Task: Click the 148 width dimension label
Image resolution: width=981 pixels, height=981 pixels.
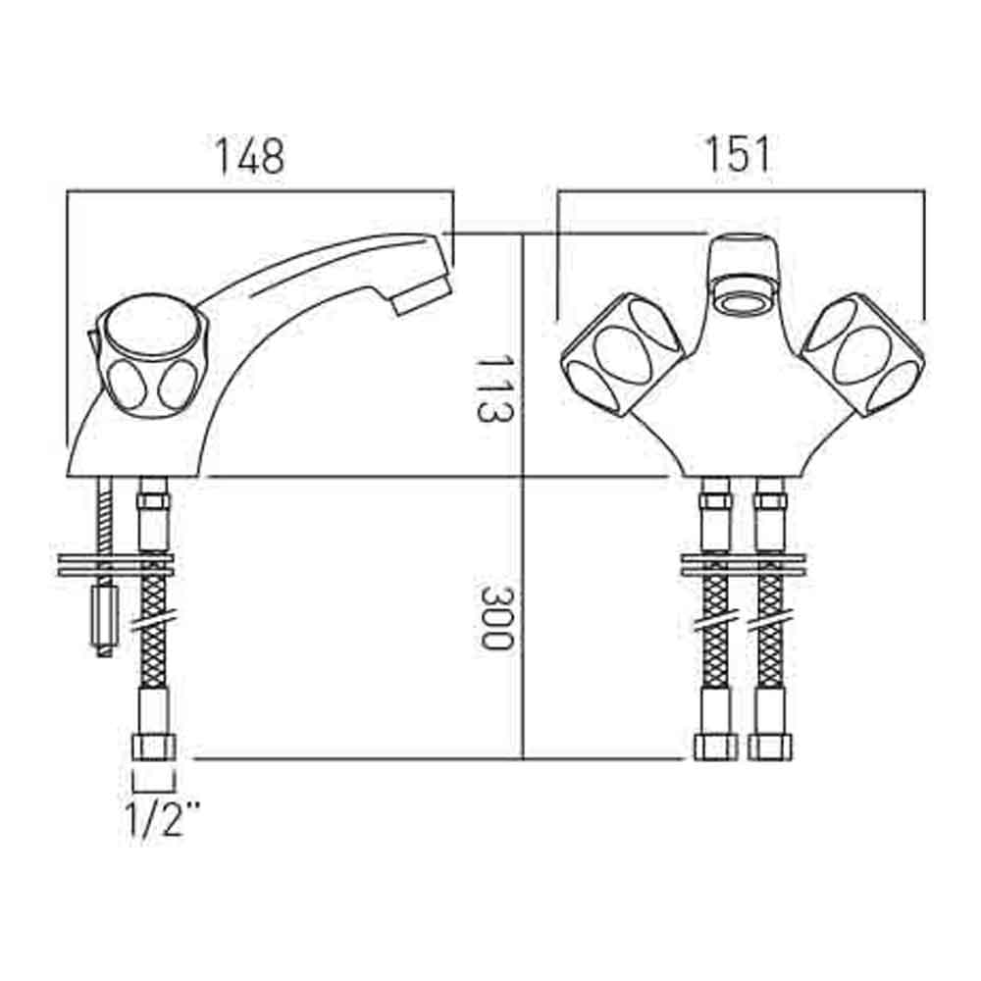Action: (249, 156)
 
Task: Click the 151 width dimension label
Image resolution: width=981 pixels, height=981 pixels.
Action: (739, 154)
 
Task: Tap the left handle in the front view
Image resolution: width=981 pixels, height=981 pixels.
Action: (623, 354)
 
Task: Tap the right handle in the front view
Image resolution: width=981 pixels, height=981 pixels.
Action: (864, 354)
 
